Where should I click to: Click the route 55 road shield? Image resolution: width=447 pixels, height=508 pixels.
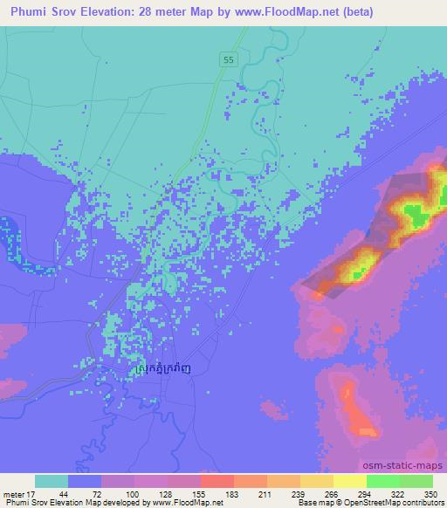point(228,59)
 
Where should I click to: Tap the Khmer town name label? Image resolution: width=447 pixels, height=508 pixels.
point(173,370)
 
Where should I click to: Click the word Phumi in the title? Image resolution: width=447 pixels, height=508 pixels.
point(28,11)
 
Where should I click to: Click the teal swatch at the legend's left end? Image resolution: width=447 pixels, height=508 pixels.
point(52,481)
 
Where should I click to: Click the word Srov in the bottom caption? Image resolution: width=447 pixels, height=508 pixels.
point(42,503)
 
